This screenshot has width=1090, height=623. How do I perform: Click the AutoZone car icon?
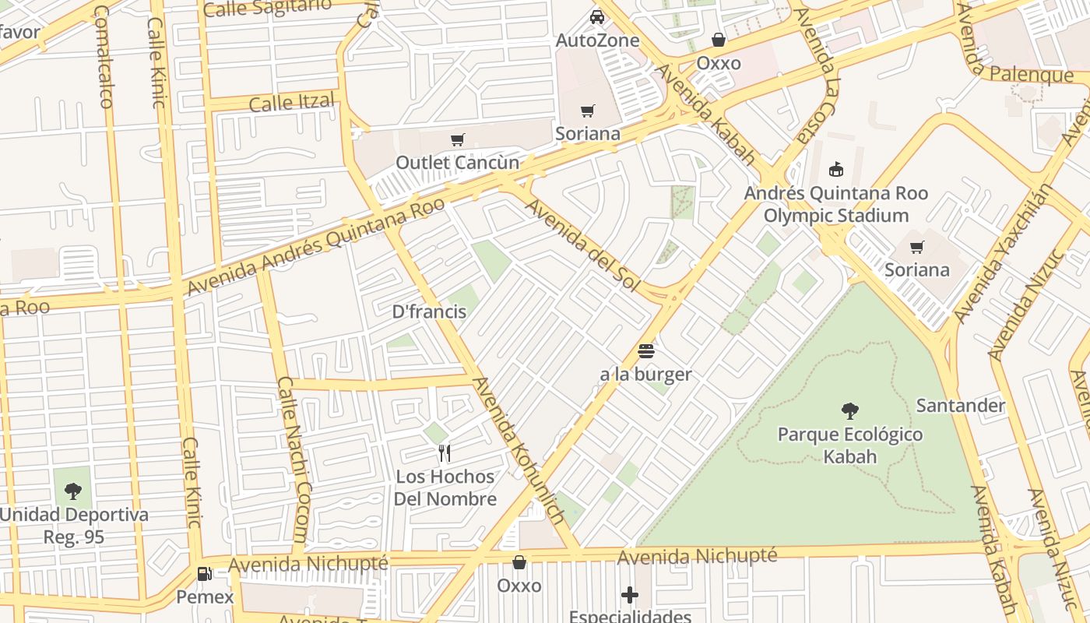tap(596, 16)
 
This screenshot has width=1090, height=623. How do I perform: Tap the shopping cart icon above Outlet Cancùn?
tap(458, 139)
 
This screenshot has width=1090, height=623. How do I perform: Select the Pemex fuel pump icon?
tap(205, 574)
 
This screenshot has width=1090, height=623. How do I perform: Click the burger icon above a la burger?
tap(645, 351)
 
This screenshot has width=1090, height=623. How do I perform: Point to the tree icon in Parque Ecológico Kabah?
tap(850, 410)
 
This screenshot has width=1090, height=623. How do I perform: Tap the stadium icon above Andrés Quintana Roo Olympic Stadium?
tap(836, 169)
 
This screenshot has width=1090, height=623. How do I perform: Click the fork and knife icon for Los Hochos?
tap(445, 453)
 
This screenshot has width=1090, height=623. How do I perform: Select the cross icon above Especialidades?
tap(630, 596)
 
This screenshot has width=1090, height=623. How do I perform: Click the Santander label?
tap(961, 406)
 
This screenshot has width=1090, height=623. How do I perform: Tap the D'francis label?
tap(429, 312)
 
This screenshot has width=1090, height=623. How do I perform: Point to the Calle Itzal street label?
tap(292, 102)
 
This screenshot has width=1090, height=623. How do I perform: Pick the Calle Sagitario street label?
tap(267, 8)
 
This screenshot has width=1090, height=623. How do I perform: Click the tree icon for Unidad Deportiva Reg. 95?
tap(73, 491)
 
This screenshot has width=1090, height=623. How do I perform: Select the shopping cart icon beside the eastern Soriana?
tap(917, 248)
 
